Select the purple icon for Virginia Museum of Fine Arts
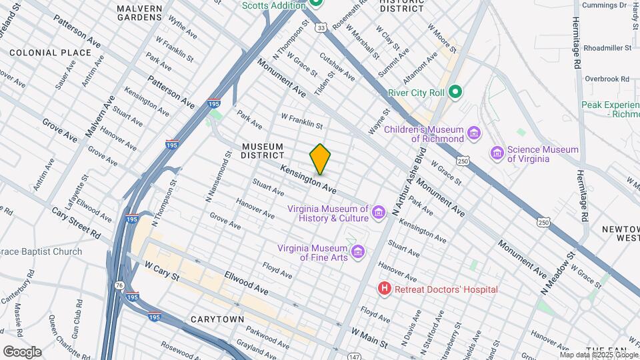point(359,251)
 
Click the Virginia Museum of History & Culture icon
point(379,213)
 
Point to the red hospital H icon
point(384,289)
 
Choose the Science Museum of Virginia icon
point(497,153)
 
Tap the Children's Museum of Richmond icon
point(474,134)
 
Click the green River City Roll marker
point(455,91)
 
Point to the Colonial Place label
point(50,52)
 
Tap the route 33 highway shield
point(321,28)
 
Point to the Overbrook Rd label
point(607,79)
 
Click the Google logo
point(22,351)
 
